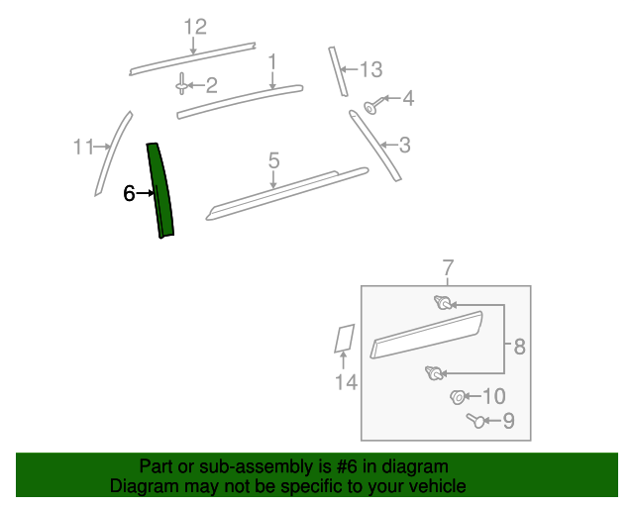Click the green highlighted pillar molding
click(161, 191)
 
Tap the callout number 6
click(129, 194)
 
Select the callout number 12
click(194, 27)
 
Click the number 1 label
click(271, 62)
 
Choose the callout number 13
click(370, 69)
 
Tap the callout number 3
click(404, 146)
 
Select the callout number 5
click(273, 158)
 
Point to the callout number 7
click(447, 267)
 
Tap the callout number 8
click(518, 347)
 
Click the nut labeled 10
click(458, 397)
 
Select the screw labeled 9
click(476, 422)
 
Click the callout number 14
click(345, 383)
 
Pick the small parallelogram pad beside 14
click(344, 338)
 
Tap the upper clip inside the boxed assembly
click(442, 303)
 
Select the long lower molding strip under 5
click(287, 192)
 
